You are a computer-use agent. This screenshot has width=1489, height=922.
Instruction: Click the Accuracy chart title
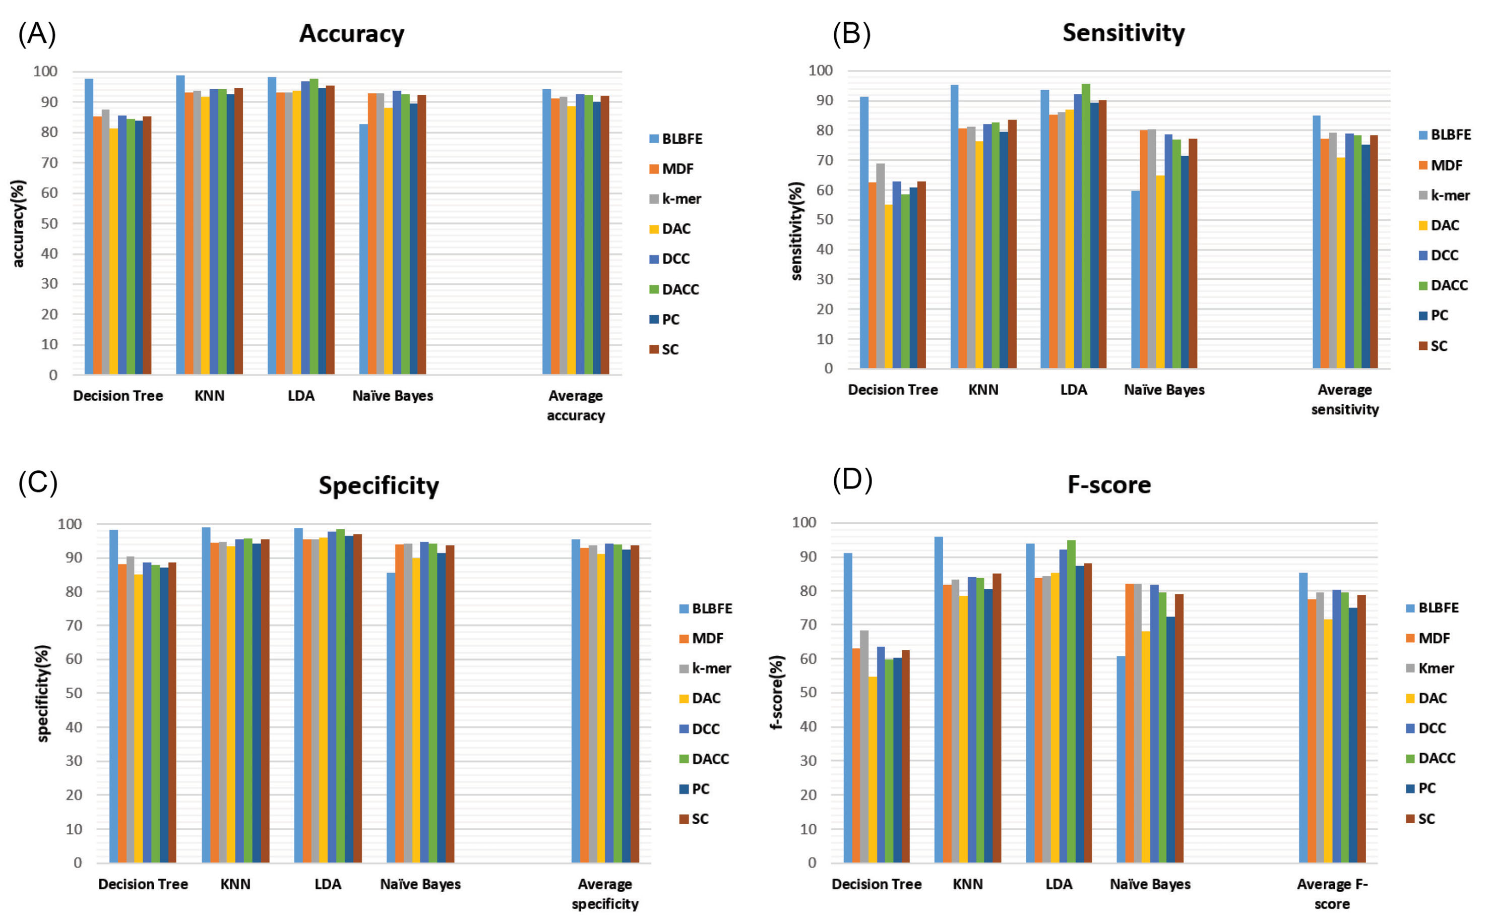[x=351, y=34]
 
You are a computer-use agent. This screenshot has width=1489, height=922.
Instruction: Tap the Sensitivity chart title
[x=1123, y=32]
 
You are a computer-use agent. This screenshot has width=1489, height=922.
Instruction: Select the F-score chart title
[x=1108, y=485]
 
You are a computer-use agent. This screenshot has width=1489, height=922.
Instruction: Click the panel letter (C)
[x=38, y=482]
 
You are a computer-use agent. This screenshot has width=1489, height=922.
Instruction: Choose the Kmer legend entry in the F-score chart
[x=1430, y=668]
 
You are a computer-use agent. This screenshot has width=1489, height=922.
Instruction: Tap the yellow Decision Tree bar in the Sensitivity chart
[x=888, y=287]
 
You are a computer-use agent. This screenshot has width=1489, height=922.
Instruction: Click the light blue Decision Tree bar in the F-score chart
[x=847, y=707]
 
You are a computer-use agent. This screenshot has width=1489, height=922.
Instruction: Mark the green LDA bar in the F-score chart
[x=1071, y=701]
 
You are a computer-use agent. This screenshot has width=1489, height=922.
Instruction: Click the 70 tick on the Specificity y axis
[x=70, y=626]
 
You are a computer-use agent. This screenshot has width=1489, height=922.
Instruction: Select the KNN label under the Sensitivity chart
[x=983, y=390]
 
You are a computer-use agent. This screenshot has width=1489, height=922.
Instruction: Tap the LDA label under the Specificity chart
[x=328, y=884]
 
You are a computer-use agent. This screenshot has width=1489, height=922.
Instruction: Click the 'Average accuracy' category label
[x=576, y=405]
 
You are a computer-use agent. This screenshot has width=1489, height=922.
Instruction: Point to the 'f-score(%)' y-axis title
[x=776, y=692]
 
